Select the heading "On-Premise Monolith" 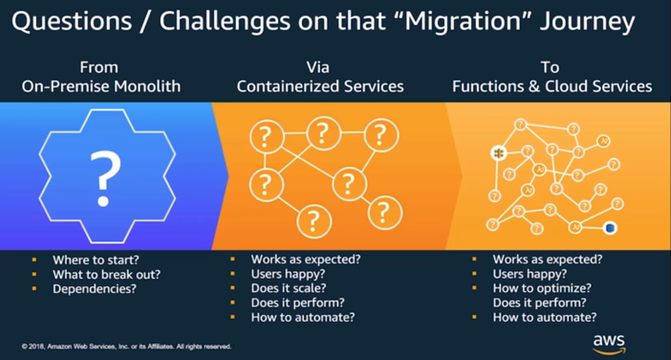point(101,86)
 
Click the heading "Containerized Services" point(320,86)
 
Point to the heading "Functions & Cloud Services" point(552,86)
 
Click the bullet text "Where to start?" point(96,260)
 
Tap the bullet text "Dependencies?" point(94,289)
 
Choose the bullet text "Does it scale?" point(289,288)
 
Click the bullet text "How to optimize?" point(542,288)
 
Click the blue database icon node point(610,227)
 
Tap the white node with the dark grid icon point(498,153)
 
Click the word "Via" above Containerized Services point(317,68)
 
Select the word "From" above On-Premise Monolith point(99,68)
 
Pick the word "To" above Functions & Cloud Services point(549,68)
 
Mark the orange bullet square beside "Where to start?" point(34,259)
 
